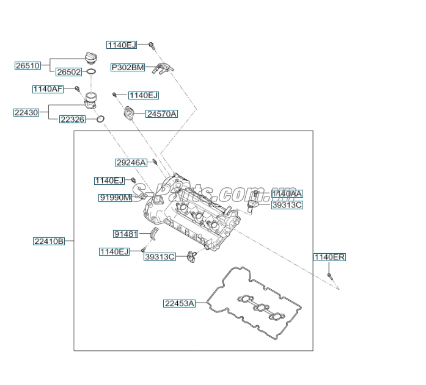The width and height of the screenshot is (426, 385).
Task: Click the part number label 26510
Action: tap(28, 65)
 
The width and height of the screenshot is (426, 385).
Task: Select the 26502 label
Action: tap(68, 72)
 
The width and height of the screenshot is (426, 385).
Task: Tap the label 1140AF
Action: tap(48, 89)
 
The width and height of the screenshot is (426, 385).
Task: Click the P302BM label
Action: tap(128, 68)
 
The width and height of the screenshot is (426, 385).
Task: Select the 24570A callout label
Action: tap(161, 114)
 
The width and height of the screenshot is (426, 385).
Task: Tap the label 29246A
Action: tap(131, 162)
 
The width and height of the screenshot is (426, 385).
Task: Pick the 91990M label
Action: tap(116, 198)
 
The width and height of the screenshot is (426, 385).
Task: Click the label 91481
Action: tap(127, 234)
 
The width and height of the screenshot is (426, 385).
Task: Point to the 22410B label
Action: tap(49, 241)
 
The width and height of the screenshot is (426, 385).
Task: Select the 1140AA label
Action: tap(287, 194)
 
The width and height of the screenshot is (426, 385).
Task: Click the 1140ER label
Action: tap(329, 257)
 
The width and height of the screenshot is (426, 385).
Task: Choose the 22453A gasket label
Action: tap(179, 303)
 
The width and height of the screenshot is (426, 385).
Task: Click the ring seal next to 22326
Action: tap(101, 118)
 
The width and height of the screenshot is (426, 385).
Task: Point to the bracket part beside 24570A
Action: tap(129, 113)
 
